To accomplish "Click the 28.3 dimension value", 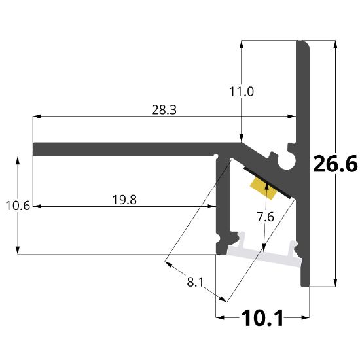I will click(164, 110).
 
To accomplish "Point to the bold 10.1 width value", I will click(262, 319).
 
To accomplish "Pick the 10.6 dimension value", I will click(18, 206).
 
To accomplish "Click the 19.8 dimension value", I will click(124, 200).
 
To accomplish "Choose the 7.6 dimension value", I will click(264, 217).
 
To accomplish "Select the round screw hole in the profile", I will click(287, 159).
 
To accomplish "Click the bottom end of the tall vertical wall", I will click(306, 283).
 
